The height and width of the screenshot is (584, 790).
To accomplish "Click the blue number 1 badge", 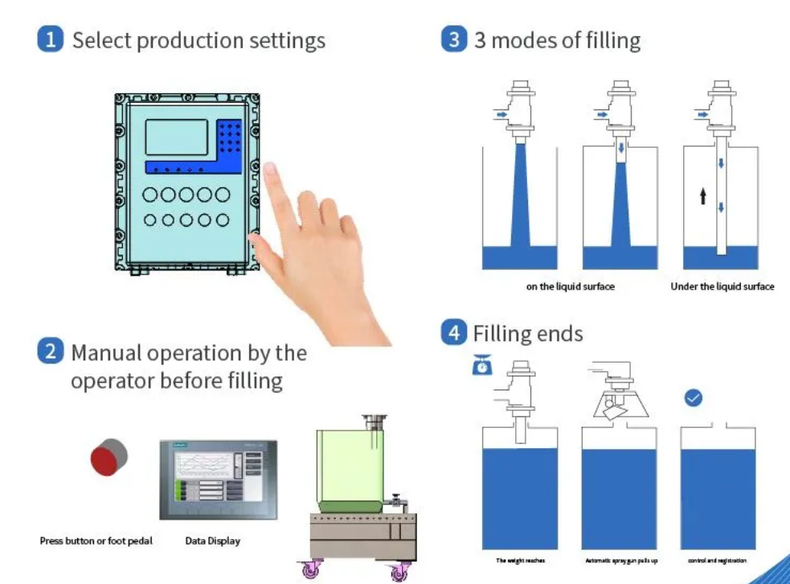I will tap(50, 39).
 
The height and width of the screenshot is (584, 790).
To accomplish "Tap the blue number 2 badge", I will tap(50, 352).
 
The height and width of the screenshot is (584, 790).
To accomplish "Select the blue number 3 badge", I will tap(454, 39).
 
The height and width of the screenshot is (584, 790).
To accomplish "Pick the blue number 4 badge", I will tap(454, 332).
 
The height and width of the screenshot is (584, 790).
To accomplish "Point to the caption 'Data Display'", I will tap(212, 541).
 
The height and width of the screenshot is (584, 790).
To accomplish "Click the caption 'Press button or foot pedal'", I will tap(96, 541).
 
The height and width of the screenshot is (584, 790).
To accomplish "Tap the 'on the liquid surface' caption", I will tap(570, 286).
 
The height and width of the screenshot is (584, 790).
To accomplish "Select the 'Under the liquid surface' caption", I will tap(722, 286).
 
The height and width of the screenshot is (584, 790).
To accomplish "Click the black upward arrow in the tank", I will tap(702, 195).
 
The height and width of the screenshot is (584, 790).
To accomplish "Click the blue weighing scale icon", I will tap(482, 365).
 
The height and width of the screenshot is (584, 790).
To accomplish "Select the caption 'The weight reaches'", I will tap(520, 560).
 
